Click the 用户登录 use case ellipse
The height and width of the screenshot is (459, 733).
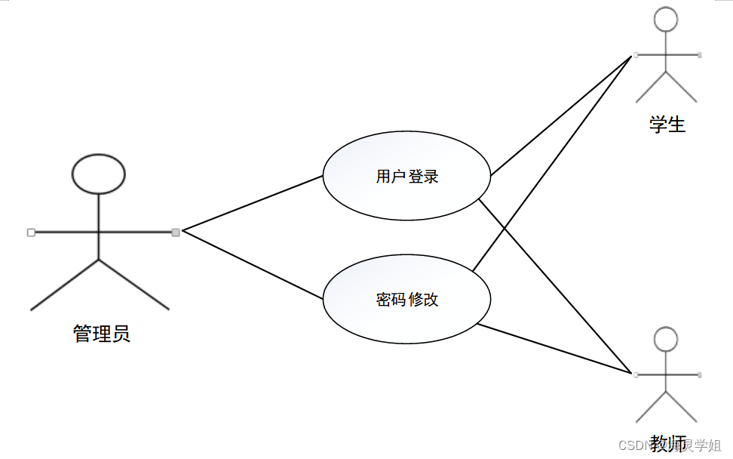pyautogui.click(x=406, y=177)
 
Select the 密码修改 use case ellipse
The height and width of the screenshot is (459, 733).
pyautogui.click(x=406, y=300)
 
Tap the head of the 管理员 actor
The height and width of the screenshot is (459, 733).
pyautogui.click(x=99, y=173)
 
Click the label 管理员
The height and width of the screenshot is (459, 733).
pyautogui.click(x=102, y=333)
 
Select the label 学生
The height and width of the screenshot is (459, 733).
pyautogui.click(x=667, y=125)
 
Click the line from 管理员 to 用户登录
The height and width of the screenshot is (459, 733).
pyautogui.click(x=253, y=203)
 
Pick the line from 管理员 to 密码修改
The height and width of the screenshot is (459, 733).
pyautogui.click(x=253, y=265)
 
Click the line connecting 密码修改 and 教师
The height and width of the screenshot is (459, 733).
pyautogui.click(x=554, y=349)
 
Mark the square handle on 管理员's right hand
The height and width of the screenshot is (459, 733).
pyautogui.click(x=176, y=232)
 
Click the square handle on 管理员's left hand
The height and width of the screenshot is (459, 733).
pyautogui.click(x=31, y=233)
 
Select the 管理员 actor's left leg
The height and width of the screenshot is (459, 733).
pyautogui.click(x=64, y=285)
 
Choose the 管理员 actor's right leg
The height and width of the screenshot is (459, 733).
pyautogui.click(x=134, y=285)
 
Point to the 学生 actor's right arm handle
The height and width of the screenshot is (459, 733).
pyautogui.click(x=700, y=55)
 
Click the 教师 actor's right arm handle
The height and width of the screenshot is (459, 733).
pyautogui.click(x=700, y=374)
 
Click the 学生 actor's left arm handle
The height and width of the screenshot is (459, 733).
pyautogui.click(x=636, y=55)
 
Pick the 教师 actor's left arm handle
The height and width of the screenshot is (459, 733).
pyautogui.click(x=636, y=374)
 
